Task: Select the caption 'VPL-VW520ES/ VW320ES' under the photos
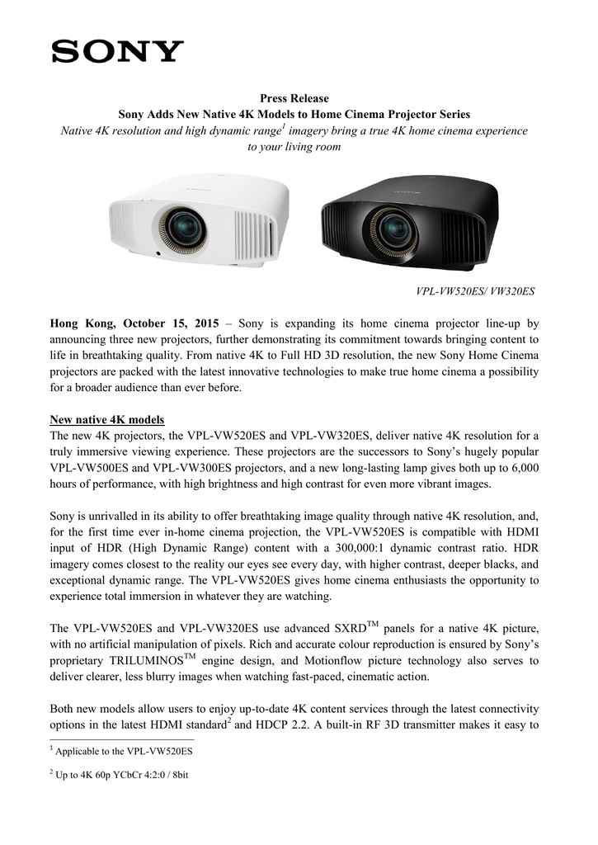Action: tap(474, 291)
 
